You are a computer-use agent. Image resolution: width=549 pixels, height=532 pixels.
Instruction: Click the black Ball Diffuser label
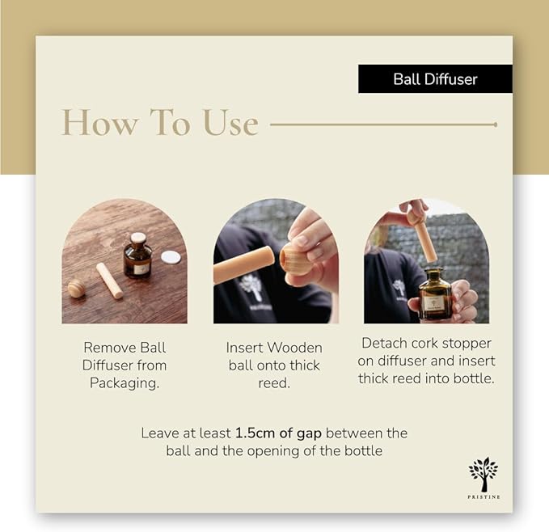(x=435, y=78)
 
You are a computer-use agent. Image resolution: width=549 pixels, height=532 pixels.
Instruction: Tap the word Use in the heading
(x=230, y=123)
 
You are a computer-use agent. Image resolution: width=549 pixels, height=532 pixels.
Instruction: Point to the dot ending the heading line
(x=496, y=125)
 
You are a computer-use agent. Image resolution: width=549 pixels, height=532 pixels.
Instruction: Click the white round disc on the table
(x=171, y=257)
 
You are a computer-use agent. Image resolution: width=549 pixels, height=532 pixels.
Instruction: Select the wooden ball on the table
(x=77, y=289)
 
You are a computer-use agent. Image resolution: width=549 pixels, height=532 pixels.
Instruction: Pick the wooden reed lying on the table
(x=109, y=281)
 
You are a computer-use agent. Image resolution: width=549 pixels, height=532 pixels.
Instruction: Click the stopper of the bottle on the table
(x=138, y=239)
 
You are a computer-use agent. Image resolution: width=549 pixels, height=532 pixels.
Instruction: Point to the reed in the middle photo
(x=243, y=264)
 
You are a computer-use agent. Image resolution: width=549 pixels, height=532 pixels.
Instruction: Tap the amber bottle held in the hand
(x=436, y=293)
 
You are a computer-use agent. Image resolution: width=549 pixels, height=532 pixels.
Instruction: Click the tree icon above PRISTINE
(x=484, y=475)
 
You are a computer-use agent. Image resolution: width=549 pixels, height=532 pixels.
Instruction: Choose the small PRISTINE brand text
(x=484, y=496)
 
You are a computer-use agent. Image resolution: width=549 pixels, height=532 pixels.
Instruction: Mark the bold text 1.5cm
(x=255, y=433)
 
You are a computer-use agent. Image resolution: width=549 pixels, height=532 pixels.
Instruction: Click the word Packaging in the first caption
(x=125, y=383)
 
